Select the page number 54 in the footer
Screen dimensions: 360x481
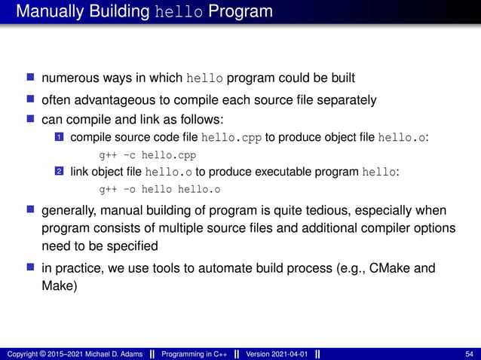[x=470, y=354]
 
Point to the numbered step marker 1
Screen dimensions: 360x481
[x=59, y=138]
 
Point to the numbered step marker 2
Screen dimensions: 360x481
[x=59, y=172]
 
